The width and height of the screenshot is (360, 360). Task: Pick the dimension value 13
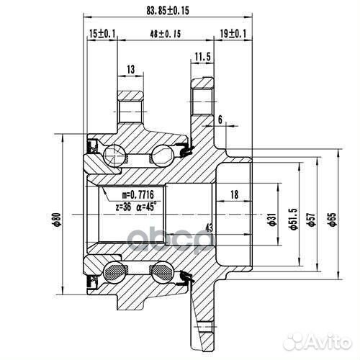130,69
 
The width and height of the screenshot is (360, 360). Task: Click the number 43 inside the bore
209,228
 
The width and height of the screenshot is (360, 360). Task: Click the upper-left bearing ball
113,153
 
